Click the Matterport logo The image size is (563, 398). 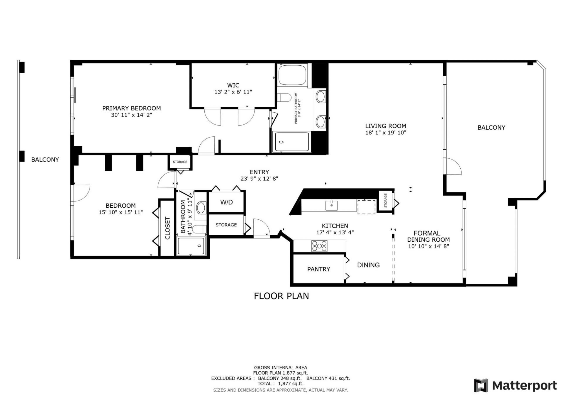pos(515,385)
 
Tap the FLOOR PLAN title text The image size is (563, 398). pos(281,296)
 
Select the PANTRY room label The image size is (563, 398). pos(318,269)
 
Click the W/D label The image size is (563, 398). pos(226,202)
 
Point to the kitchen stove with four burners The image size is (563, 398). pos(319,246)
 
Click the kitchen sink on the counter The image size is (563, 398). pos(331,205)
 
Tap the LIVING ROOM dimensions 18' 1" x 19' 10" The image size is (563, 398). pos(385,133)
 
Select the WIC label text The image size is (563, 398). pos(233,85)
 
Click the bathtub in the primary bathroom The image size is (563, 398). pos(292,75)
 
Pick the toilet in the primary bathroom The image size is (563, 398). pos(284,97)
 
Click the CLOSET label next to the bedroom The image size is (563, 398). pos(167,228)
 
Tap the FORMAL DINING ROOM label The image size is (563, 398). pos(428,236)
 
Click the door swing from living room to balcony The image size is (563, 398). pos(453,167)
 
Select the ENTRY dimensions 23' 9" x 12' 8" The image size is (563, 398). pos(259,179)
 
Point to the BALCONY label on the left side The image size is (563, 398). pos(45,160)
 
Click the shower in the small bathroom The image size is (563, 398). pos(191,246)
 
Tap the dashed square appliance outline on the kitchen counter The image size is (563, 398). pos(366,207)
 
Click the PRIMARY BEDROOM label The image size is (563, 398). pos(131,108)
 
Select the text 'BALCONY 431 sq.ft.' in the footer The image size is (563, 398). pos(328,378)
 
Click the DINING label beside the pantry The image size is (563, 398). pos(368,265)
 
